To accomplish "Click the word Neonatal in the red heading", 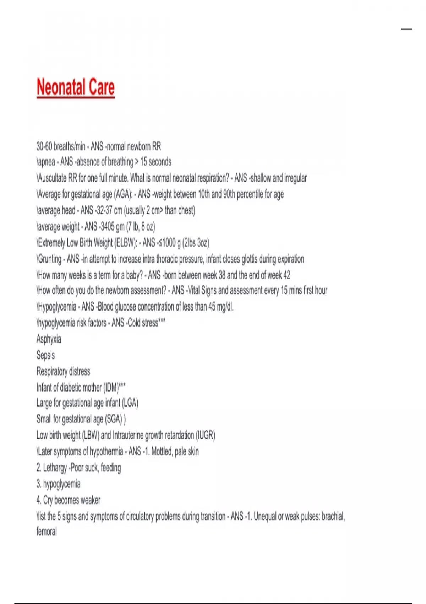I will click(x=61, y=87).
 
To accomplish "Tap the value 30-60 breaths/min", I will click(x=61, y=146).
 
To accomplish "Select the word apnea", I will click(x=47, y=162).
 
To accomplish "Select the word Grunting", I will click(x=50, y=259).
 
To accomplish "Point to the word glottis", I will click(x=250, y=259).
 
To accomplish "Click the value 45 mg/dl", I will click(x=220, y=307).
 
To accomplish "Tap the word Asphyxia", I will click(x=49, y=339).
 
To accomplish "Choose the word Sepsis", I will click(x=45, y=355).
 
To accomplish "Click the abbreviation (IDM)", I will click(x=111, y=387).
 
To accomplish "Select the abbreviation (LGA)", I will click(x=130, y=403).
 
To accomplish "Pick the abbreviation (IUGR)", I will click(x=206, y=435).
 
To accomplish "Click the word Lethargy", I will click(x=55, y=468).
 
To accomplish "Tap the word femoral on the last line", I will click(x=47, y=532).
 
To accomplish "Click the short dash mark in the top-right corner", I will click(x=406, y=29).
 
